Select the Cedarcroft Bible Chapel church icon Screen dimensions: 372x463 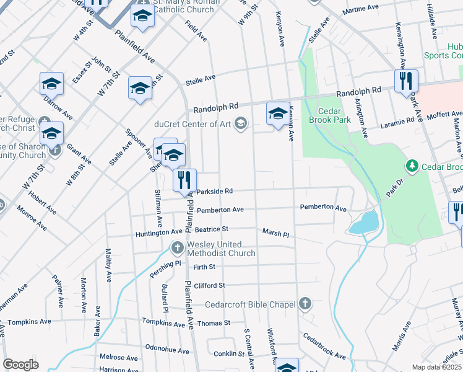(304, 304)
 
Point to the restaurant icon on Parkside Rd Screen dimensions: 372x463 (184, 180)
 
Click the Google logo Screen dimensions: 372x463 (20, 365)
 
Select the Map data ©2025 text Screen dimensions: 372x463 (437, 367)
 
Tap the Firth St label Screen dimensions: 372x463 (204, 267)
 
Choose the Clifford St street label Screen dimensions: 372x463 (209, 285)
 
